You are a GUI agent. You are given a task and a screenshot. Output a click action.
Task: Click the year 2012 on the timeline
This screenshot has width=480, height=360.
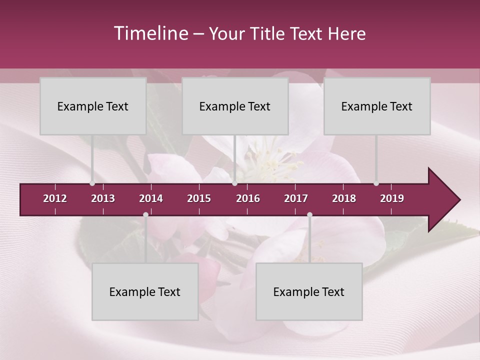point(55,198)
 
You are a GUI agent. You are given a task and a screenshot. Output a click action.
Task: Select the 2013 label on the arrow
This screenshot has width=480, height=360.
point(103,198)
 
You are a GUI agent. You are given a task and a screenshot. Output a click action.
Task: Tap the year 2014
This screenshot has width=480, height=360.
point(151,198)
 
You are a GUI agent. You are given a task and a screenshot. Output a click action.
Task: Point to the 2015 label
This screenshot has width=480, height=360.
point(199,198)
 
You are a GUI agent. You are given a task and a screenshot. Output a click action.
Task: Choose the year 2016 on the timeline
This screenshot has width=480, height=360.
point(248,198)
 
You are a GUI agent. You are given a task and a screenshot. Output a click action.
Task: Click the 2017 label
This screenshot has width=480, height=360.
point(296,198)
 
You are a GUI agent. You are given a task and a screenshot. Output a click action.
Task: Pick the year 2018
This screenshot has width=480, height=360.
point(344,198)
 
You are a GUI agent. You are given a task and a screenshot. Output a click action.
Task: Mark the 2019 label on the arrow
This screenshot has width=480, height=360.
point(392,198)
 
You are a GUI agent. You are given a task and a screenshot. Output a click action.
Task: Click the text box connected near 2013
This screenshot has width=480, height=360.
point(93,106)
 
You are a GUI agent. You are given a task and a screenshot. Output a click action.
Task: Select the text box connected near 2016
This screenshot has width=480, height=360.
point(235,106)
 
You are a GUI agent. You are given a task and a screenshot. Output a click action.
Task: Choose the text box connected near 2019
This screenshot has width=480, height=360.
point(377,106)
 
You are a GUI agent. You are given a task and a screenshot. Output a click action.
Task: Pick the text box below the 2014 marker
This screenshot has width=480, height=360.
point(145,291)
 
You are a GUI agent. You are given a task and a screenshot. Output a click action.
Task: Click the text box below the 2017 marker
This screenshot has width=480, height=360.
point(309,291)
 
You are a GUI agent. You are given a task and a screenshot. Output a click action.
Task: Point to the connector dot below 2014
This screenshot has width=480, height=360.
point(145,215)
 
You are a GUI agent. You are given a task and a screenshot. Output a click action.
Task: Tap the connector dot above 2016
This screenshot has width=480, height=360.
point(235,183)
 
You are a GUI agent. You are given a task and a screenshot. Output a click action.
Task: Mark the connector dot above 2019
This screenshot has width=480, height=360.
point(376,183)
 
